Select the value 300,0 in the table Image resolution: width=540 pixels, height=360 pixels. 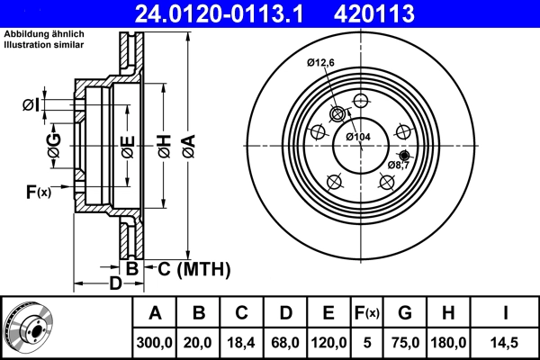coord(155,343)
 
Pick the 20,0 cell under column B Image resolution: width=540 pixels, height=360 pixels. coord(199,343)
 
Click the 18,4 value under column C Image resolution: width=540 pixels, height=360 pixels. coord(242,343)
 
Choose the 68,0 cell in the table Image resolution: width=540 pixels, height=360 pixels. coord(285,343)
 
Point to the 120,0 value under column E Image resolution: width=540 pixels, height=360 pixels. coord(328,343)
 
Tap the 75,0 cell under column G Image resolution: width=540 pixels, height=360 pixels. coord(405,343)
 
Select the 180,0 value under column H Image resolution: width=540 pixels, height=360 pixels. coord(450,343)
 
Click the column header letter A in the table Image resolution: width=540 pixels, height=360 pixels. coord(155,313)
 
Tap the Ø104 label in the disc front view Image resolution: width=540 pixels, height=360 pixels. coord(358,137)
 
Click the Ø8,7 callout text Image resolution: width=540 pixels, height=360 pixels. coord(399,166)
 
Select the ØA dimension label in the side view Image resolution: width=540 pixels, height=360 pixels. coord(187,144)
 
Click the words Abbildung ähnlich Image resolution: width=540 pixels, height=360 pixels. coord(37,33)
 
